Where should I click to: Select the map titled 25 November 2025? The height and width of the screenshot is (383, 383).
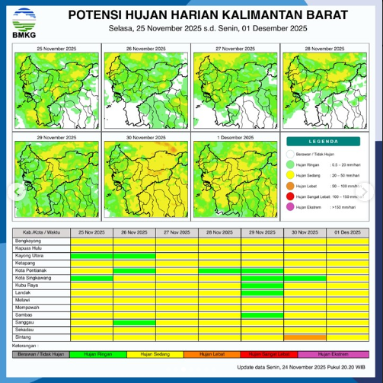point(57,88)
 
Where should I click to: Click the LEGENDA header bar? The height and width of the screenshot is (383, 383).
point(328,142)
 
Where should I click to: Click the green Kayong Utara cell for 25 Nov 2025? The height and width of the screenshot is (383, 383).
point(91,256)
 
